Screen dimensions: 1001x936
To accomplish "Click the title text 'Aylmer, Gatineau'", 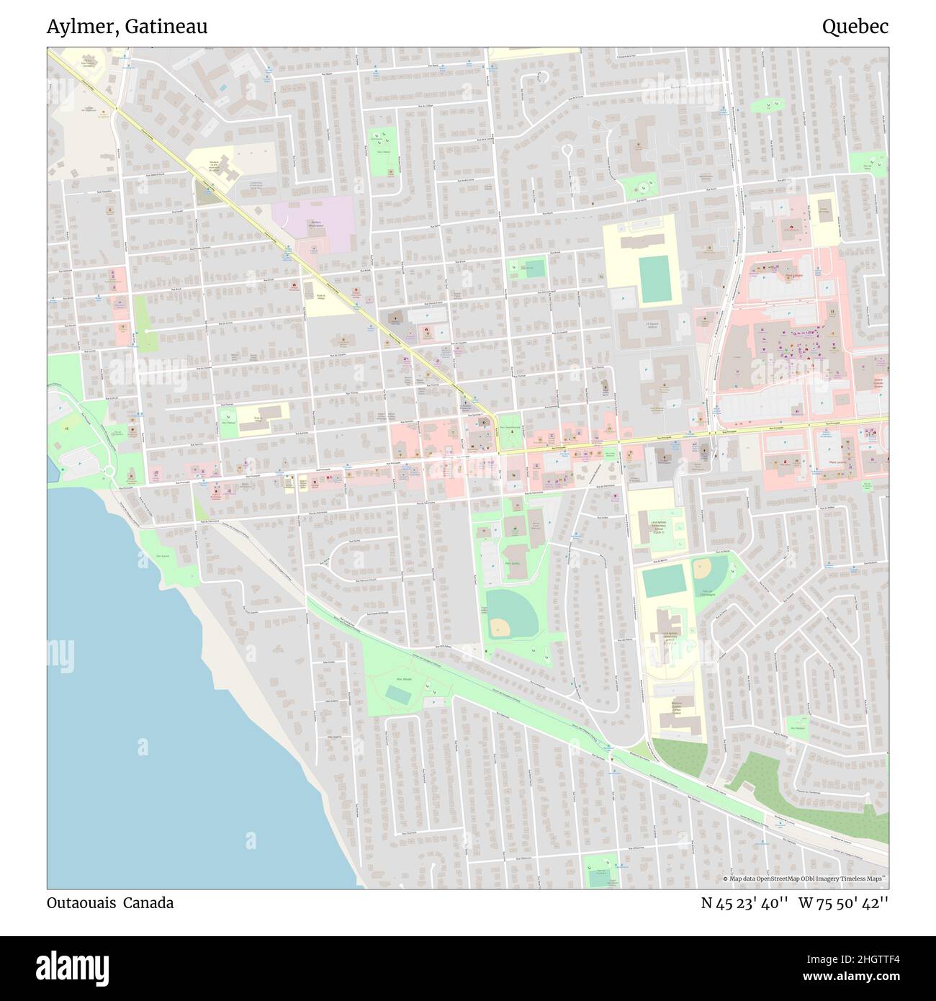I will click(x=127, y=27).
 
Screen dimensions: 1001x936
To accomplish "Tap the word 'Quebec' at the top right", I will click(x=855, y=27).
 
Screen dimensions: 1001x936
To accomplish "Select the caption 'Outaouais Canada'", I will click(x=110, y=902).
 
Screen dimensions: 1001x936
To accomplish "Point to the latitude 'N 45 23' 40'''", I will click(x=744, y=902).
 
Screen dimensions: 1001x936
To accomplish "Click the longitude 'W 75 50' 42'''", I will click(x=843, y=902).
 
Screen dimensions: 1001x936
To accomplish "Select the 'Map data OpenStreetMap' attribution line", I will click(x=806, y=879).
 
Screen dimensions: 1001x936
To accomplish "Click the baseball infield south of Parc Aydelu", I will click(x=500, y=629).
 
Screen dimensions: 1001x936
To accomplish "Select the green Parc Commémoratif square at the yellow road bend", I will click(x=510, y=428).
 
